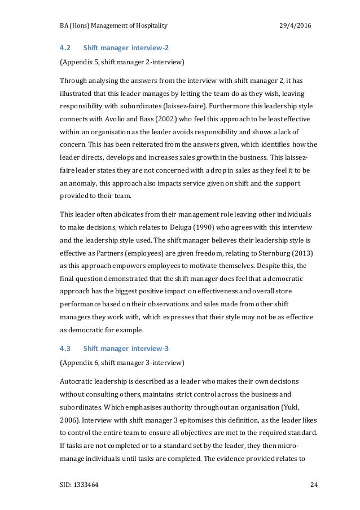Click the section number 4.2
point(65,47)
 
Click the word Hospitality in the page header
point(150,27)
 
